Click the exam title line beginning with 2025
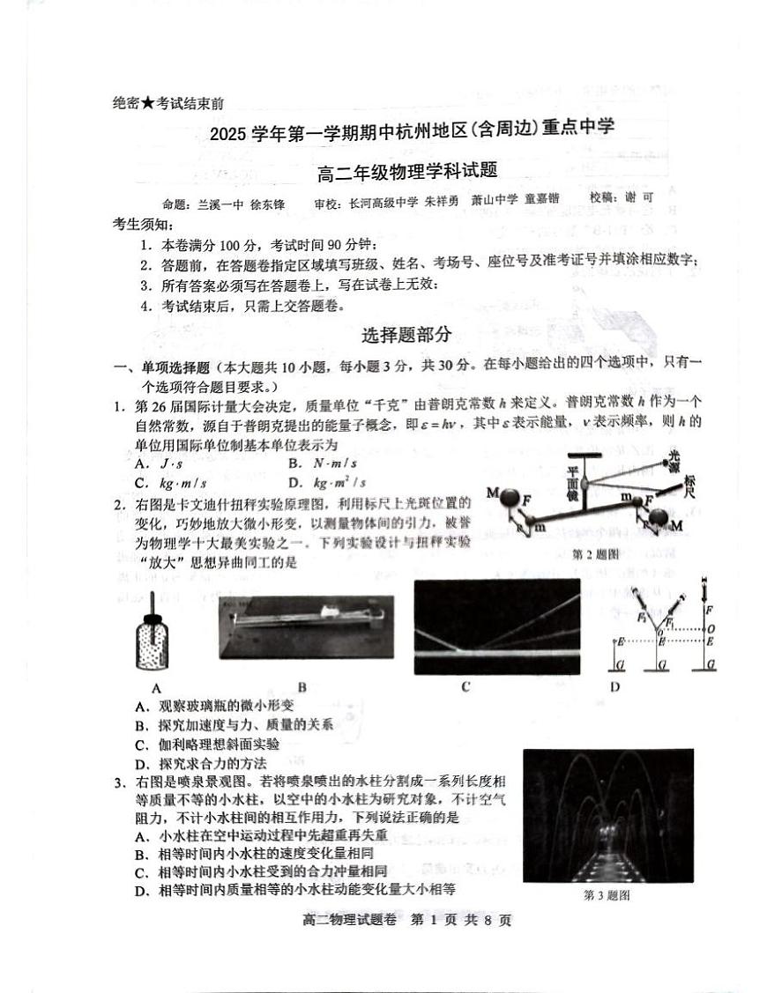pyautogui.click(x=412, y=130)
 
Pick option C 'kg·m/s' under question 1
pyautogui.click(x=171, y=483)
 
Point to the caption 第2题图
pyautogui.click(x=596, y=554)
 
